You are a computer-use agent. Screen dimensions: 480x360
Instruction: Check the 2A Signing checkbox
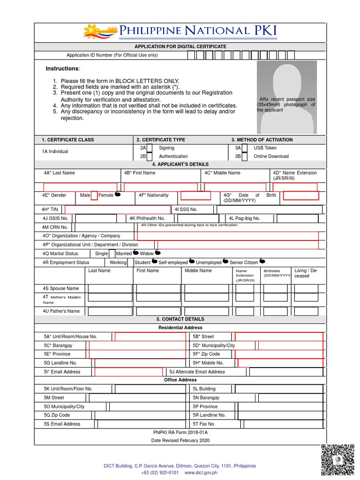click(x=150, y=149)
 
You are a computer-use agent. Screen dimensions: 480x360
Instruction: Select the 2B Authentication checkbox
click(x=150, y=157)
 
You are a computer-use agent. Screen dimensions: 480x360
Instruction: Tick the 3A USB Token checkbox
click(x=244, y=149)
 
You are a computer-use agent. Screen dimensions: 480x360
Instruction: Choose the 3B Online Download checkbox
click(x=244, y=157)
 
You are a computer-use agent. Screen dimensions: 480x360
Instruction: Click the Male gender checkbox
click(x=94, y=195)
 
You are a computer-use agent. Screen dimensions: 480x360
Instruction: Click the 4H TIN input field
click(x=118, y=210)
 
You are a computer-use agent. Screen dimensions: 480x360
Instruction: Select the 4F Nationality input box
click(x=195, y=195)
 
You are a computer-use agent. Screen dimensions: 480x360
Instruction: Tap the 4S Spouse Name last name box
click(x=110, y=288)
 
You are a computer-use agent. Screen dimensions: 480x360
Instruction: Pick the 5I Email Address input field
click(x=128, y=372)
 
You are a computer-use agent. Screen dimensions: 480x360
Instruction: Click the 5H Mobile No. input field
click(x=280, y=363)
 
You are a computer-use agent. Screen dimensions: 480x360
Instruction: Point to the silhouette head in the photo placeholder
click(x=287, y=80)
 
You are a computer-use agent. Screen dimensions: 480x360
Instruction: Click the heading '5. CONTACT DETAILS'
click(x=180, y=319)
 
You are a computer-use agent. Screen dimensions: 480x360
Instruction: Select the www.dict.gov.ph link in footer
click(x=201, y=472)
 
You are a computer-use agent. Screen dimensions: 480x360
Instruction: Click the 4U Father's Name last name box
click(x=110, y=311)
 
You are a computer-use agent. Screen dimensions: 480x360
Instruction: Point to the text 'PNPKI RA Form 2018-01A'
click(x=180, y=432)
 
